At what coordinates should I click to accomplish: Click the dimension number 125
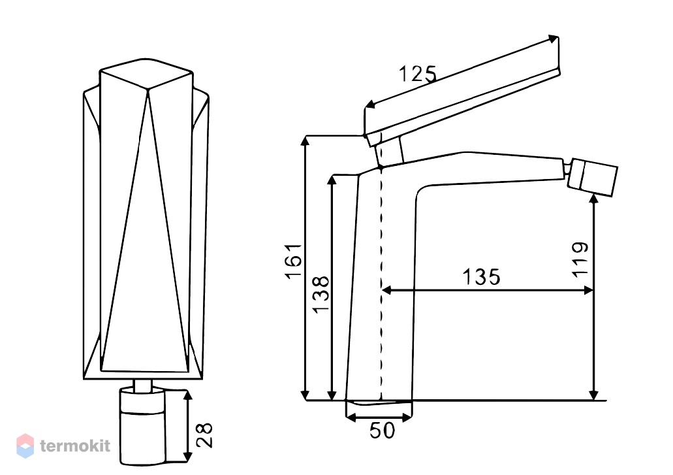pyautogui.click(x=418, y=74)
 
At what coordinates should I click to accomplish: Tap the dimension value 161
pyautogui.click(x=294, y=261)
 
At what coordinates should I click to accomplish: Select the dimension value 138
pyautogui.click(x=321, y=295)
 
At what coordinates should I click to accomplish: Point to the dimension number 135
pyautogui.click(x=481, y=277)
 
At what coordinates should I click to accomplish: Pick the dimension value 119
pyautogui.click(x=580, y=260)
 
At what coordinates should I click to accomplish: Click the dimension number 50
pyautogui.click(x=382, y=431)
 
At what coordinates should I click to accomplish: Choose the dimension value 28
pyautogui.click(x=205, y=436)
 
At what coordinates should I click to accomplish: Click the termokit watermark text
pyautogui.click(x=75, y=446)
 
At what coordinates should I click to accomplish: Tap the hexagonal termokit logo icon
pyautogui.click(x=25, y=446)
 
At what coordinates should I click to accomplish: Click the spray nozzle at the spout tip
pyautogui.click(x=592, y=177)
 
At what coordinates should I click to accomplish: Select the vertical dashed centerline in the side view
pyautogui.click(x=381, y=283)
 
